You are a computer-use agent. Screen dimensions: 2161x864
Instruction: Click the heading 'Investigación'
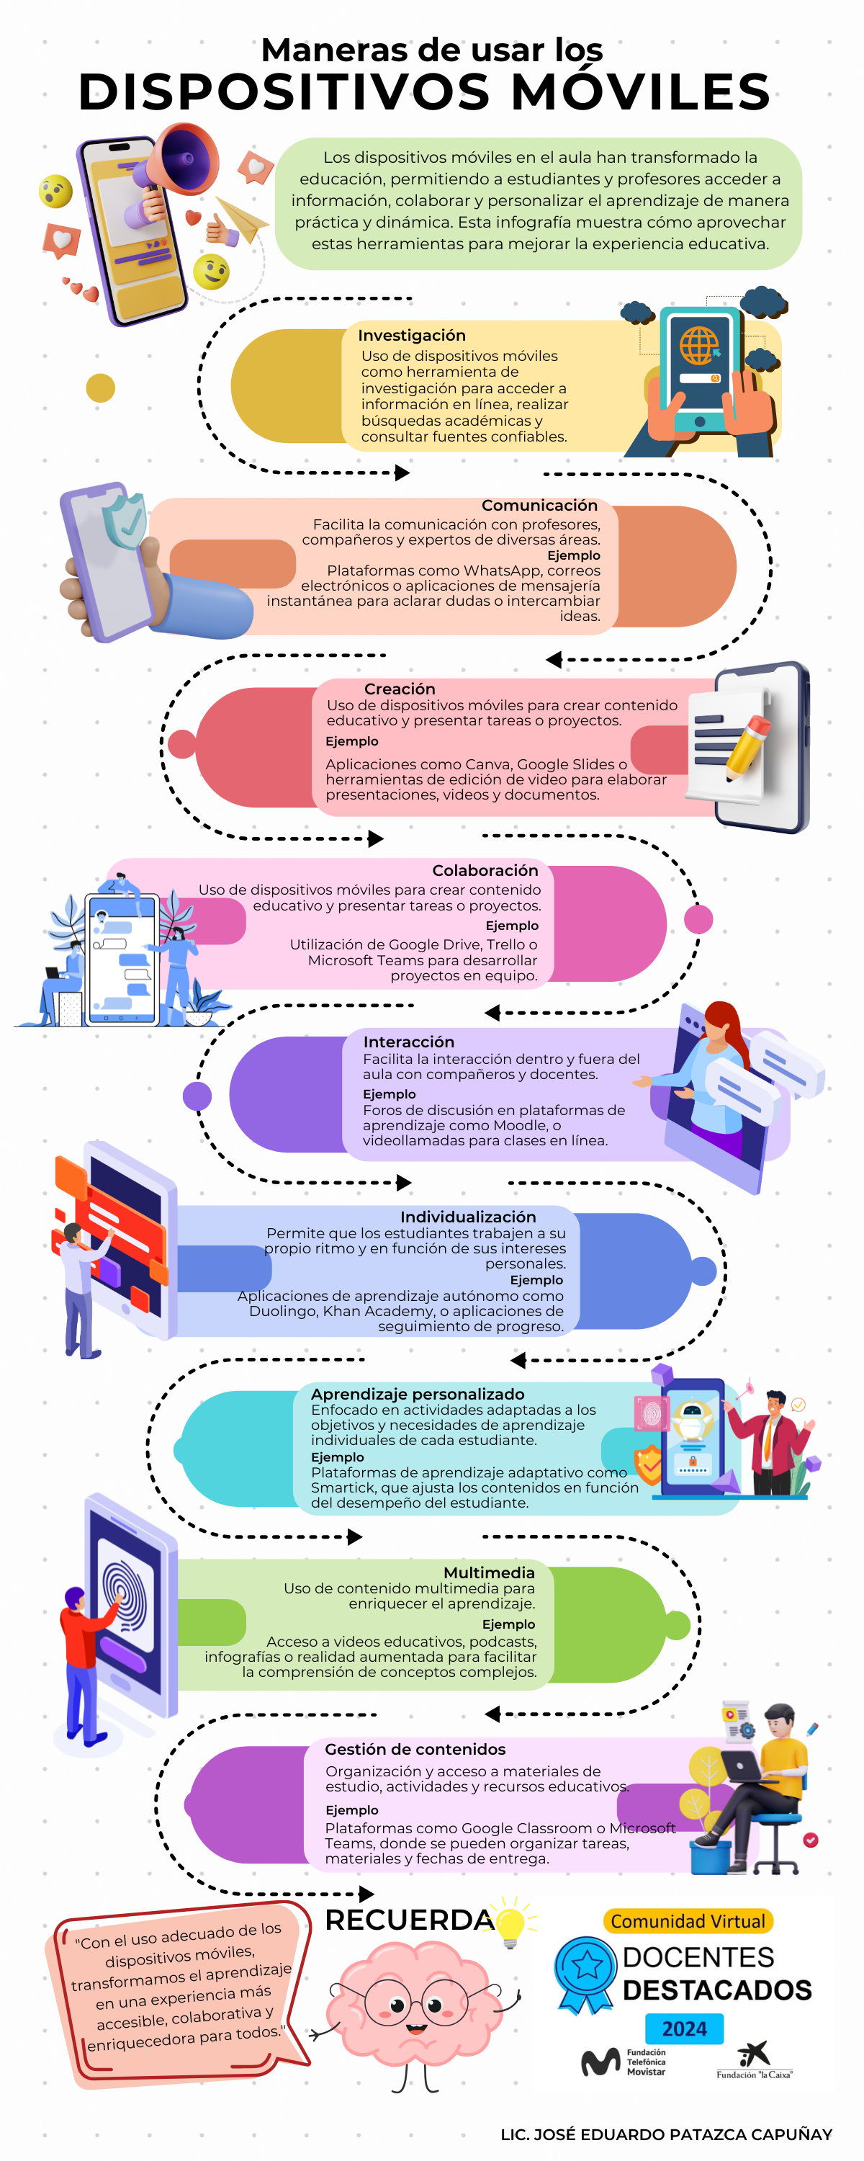pyautogui.click(x=411, y=336)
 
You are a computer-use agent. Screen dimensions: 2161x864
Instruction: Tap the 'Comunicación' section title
pyautogui.click(x=539, y=505)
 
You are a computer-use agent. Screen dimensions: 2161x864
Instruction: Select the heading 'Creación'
pyautogui.click(x=400, y=689)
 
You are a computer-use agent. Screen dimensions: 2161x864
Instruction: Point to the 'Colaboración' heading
pyautogui.click(x=485, y=871)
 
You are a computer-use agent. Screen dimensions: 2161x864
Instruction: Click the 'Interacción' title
pyautogui.click(x=408, y=1041)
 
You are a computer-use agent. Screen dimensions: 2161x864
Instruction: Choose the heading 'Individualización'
pyautogui.click(x=467, y=1217)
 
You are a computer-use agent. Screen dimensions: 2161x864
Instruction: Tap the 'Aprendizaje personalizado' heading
pyautogui.click(x=418, y=1393)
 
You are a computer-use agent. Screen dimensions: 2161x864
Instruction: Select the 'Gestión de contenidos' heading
pyautogui.click(x=415, y=1749)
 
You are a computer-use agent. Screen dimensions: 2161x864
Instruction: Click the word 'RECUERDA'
pyautogui.click(x=408, y=1920)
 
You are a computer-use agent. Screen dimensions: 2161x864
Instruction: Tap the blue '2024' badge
pyautogui.click(x=685, y=2028)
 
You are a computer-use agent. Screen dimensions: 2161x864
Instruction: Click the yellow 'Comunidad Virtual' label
pyautogui.click(x=687, y=1920)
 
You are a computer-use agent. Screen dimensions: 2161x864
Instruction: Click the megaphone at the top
pyautogui.click(x=183, y=159)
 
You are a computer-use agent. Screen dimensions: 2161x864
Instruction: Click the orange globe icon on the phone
pyautogui.click(x=698, y=344)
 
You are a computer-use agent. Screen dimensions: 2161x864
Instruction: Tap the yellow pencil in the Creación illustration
pyautogui.click(x=748, y=744)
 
